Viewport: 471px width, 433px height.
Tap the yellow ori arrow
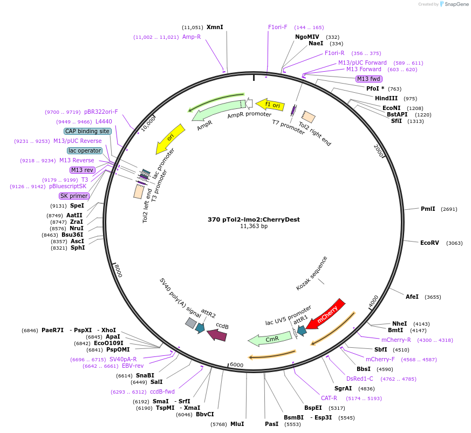click(x=170, y=139)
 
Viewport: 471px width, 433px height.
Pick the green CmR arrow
click(x=269, y=339)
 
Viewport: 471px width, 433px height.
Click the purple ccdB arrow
click(x=217, y=335)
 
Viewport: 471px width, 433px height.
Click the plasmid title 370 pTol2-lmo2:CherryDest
click(x=254, y=219)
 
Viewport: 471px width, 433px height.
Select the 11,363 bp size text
click(x=254, y=226)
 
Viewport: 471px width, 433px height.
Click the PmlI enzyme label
click(x=428, y=209)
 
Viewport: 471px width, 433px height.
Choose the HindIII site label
click(x=386, y=98)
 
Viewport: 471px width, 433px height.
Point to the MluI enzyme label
click(x=237, y=424)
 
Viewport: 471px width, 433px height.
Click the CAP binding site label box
click(x=88, y=131)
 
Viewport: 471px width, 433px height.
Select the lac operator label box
click(x=85, y=150)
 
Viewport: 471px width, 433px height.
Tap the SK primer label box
click(x=74, y=196)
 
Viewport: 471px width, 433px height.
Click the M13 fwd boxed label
click(x=369, y=79)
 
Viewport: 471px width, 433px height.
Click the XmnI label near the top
click(x=215, y=27)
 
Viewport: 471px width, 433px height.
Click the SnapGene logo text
click(x=456, y=4)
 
